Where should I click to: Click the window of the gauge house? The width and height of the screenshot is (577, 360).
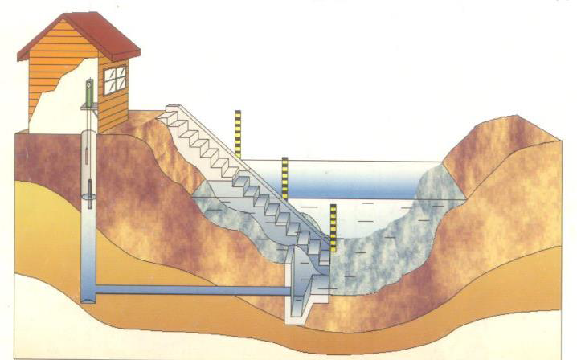(114, 79)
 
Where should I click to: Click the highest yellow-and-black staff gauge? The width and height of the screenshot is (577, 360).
(238, 133)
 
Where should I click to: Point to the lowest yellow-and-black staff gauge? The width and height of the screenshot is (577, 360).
(333, 228)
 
